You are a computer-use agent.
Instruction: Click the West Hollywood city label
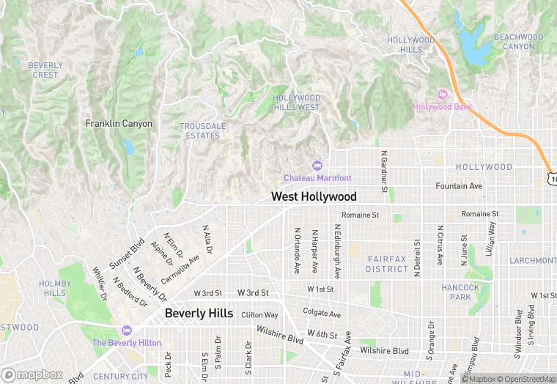coord(314,196)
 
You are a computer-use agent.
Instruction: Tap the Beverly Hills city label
coord(199,313)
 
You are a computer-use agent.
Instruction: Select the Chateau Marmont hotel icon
coord(317,166)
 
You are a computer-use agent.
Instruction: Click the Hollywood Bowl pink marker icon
coord(442,95)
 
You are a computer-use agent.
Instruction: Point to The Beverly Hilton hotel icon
coord(127,331)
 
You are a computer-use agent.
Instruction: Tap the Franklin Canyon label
coord(119,124)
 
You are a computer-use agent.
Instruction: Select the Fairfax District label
coord(387,264)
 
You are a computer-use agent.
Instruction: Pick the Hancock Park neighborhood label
coord(460,292)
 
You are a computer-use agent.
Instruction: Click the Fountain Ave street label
coord(459,186)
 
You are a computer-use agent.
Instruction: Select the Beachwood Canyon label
coord(518,42)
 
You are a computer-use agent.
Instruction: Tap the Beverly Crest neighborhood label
coord(45,70)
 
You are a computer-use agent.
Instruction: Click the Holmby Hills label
coord(54,288)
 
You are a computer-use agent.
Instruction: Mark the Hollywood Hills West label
coord(297,103)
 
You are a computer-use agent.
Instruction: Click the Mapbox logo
coord(33,374)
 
